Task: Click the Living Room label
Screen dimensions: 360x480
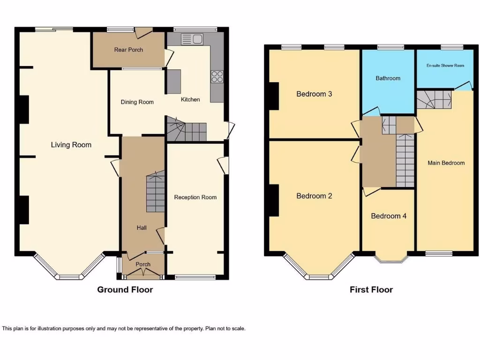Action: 71,145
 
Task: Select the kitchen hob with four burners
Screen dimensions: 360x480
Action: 217,76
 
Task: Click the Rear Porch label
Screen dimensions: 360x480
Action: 128,50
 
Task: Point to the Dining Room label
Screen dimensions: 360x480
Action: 137,102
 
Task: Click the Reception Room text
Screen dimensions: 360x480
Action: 195,197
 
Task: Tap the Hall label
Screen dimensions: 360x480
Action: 142,228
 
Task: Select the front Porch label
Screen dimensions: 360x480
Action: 143,264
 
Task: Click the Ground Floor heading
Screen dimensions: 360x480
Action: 125,290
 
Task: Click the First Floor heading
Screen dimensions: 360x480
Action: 371,290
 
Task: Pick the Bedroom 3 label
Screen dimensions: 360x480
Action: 314,94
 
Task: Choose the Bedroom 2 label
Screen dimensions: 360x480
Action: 314,196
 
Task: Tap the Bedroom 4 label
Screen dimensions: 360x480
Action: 389,216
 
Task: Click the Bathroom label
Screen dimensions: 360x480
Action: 388,78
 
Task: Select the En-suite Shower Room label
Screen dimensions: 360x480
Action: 445,66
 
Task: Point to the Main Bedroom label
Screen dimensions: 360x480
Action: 446,163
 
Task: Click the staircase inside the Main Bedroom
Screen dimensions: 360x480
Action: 434,99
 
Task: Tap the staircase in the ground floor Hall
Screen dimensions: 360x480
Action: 155,192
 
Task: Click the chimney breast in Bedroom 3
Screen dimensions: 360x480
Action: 274,96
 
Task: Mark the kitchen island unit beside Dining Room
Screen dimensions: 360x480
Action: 173,82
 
